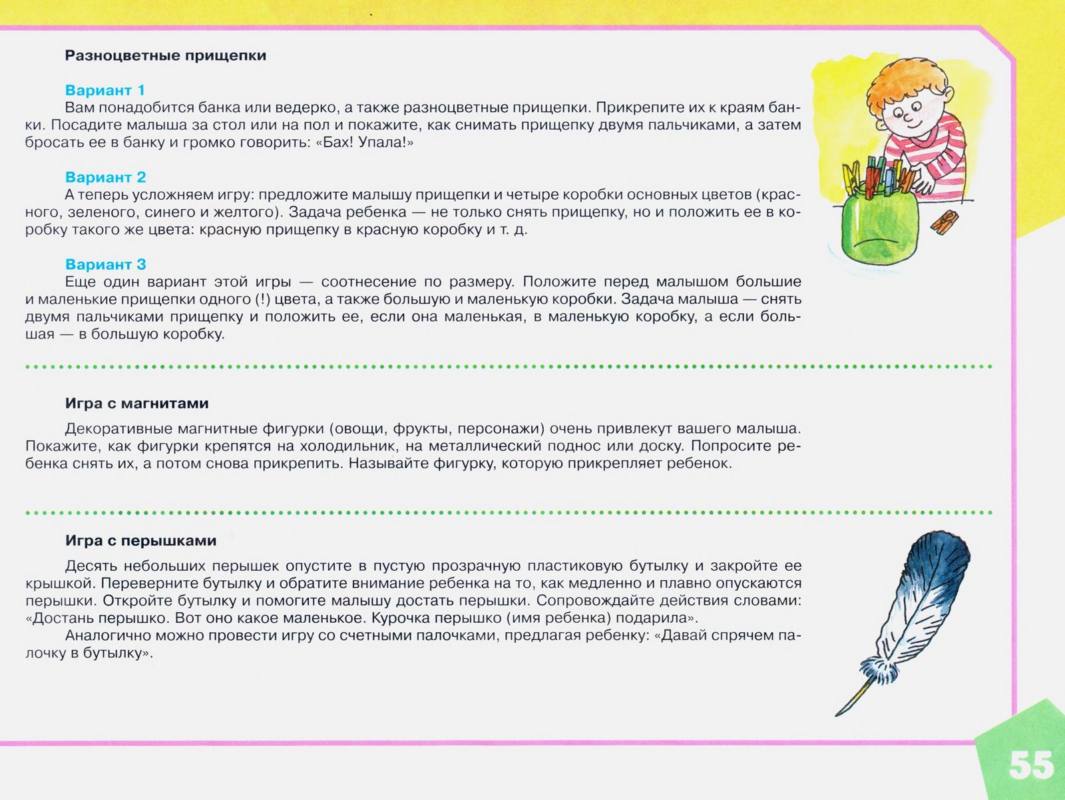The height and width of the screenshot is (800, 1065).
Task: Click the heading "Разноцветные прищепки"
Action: pos(165,56)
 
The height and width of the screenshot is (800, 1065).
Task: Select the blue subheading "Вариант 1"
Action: pos(105,90)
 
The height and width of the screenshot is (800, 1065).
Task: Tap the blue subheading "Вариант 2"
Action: pos(105,177)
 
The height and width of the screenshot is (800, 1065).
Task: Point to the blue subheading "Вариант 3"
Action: pos(105,264)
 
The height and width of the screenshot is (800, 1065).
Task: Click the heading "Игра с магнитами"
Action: pos(136,403)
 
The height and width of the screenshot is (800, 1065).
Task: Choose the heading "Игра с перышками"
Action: pos(140,540)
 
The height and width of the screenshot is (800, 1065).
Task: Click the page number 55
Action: pos(1031,765)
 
